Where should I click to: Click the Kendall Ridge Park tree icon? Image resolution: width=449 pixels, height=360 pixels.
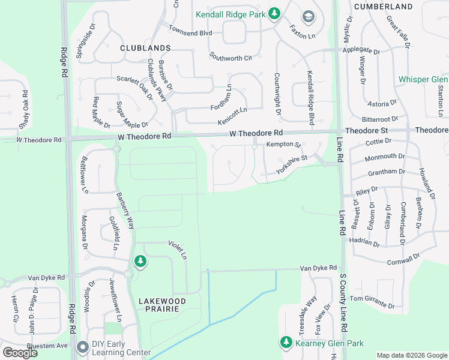click(274, 13)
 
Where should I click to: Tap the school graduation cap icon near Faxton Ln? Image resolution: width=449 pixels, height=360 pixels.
click(309, 16)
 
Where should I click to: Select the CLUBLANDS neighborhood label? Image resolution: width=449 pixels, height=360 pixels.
click(145, 47)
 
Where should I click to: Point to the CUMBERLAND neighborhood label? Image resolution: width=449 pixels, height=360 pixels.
click(383, 7)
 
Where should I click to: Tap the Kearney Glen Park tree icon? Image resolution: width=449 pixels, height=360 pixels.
click(286, 343)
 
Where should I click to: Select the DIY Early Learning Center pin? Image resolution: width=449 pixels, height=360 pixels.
click(83, 347)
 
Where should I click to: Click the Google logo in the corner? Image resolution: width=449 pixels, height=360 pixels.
click(20, 353)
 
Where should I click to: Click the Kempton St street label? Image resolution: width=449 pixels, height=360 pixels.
click(283, 145)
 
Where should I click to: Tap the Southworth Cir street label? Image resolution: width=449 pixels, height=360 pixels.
click(230, 57)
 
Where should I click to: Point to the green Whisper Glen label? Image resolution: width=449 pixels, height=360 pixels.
click(423, 80)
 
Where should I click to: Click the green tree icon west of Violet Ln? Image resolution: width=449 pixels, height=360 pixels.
click(140, 261)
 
